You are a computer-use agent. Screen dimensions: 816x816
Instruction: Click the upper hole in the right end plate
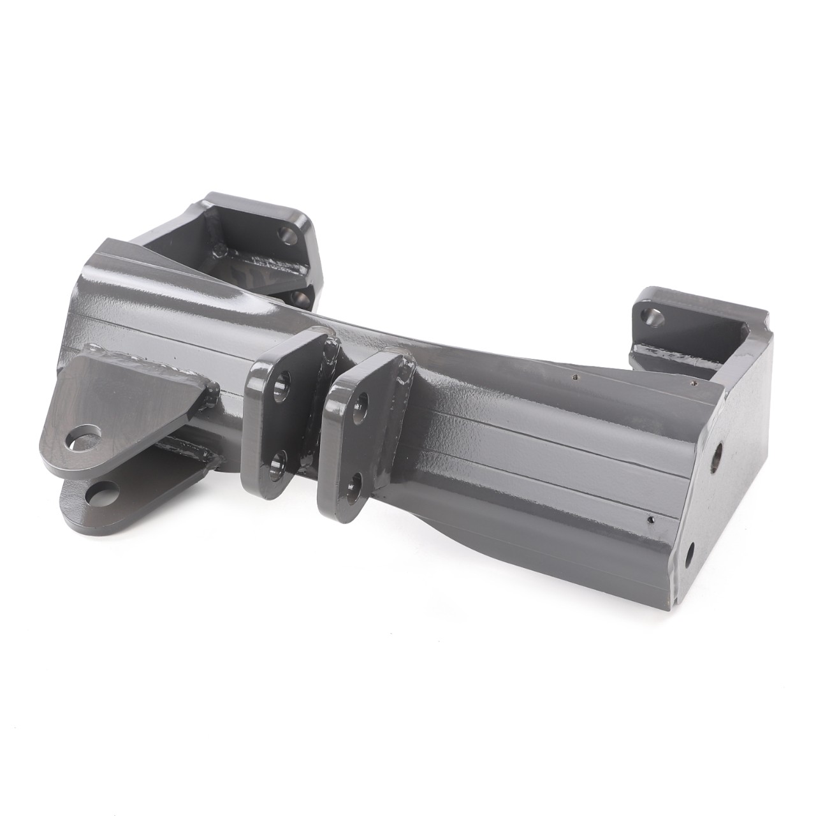tap(718, 455)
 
